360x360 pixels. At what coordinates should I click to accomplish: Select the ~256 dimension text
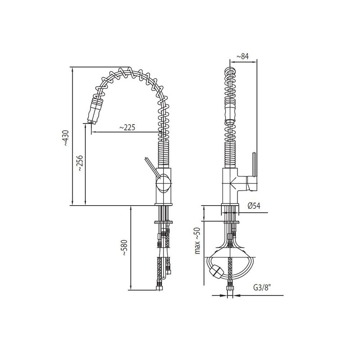[x=80, y=163]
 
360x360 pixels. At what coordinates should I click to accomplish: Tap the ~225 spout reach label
[x=127, y=127]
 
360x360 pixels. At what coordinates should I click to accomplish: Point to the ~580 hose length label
[x=124, y=248]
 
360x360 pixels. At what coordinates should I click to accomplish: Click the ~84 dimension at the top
[x=243, y=56]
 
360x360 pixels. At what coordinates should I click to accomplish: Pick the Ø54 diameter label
[x=254, y=206]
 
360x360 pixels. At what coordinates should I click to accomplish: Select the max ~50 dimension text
[x=197, y=240]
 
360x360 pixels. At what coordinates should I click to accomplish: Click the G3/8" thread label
[x=262, y=288]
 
